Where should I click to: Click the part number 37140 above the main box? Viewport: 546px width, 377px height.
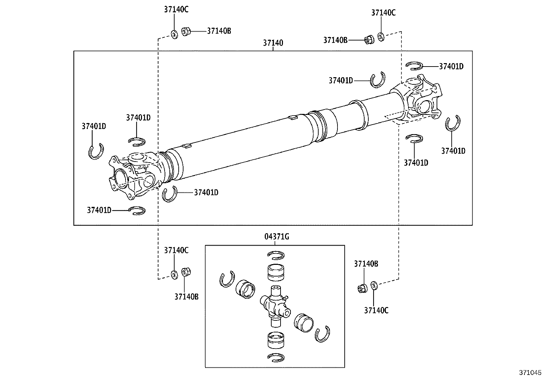[x=273, y=43]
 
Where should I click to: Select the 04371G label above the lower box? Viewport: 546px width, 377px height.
[x=276, y=237]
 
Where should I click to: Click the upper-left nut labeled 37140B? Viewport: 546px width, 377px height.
[x=186, y=32]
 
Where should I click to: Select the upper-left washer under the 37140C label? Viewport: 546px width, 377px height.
[x=174, y=34]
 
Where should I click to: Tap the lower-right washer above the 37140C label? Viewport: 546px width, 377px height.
[x=374, y=285]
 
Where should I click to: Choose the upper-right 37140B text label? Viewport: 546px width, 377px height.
[x=335, y=40]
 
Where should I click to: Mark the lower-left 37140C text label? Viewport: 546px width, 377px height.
[x=176, y=250]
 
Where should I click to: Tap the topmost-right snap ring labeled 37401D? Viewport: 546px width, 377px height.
[x=414, y=65]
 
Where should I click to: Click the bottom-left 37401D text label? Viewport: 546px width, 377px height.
[x=99, y=210]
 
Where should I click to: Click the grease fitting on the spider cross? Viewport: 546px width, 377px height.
[x=286, y=297]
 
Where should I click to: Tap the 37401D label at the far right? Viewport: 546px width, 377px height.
[x=453, y=151]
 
